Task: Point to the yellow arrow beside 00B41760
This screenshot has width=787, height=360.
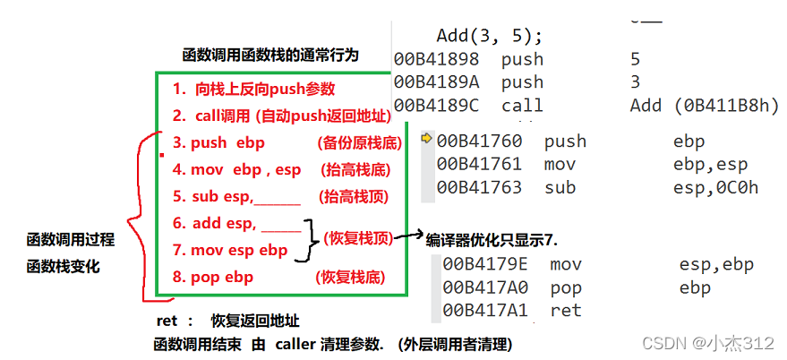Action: tap(426, 139)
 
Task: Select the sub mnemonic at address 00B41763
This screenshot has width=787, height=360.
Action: tap(560, 187)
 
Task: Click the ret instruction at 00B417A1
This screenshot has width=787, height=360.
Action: tap(566, 310)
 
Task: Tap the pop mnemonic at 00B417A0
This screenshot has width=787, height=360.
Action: tap(566, 287)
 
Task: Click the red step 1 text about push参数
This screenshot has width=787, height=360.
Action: tap(254, 90)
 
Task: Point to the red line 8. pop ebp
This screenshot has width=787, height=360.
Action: tap(212, 278)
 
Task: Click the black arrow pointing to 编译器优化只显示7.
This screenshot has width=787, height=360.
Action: tap(409, 236)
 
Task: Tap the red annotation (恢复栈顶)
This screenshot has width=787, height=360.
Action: tap(358, 237)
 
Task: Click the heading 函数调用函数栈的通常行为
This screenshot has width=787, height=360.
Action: tap(269, 55)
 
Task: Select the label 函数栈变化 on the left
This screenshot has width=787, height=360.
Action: tap(64, 266)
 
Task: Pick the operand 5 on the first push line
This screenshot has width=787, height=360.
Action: tap(635, 60)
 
